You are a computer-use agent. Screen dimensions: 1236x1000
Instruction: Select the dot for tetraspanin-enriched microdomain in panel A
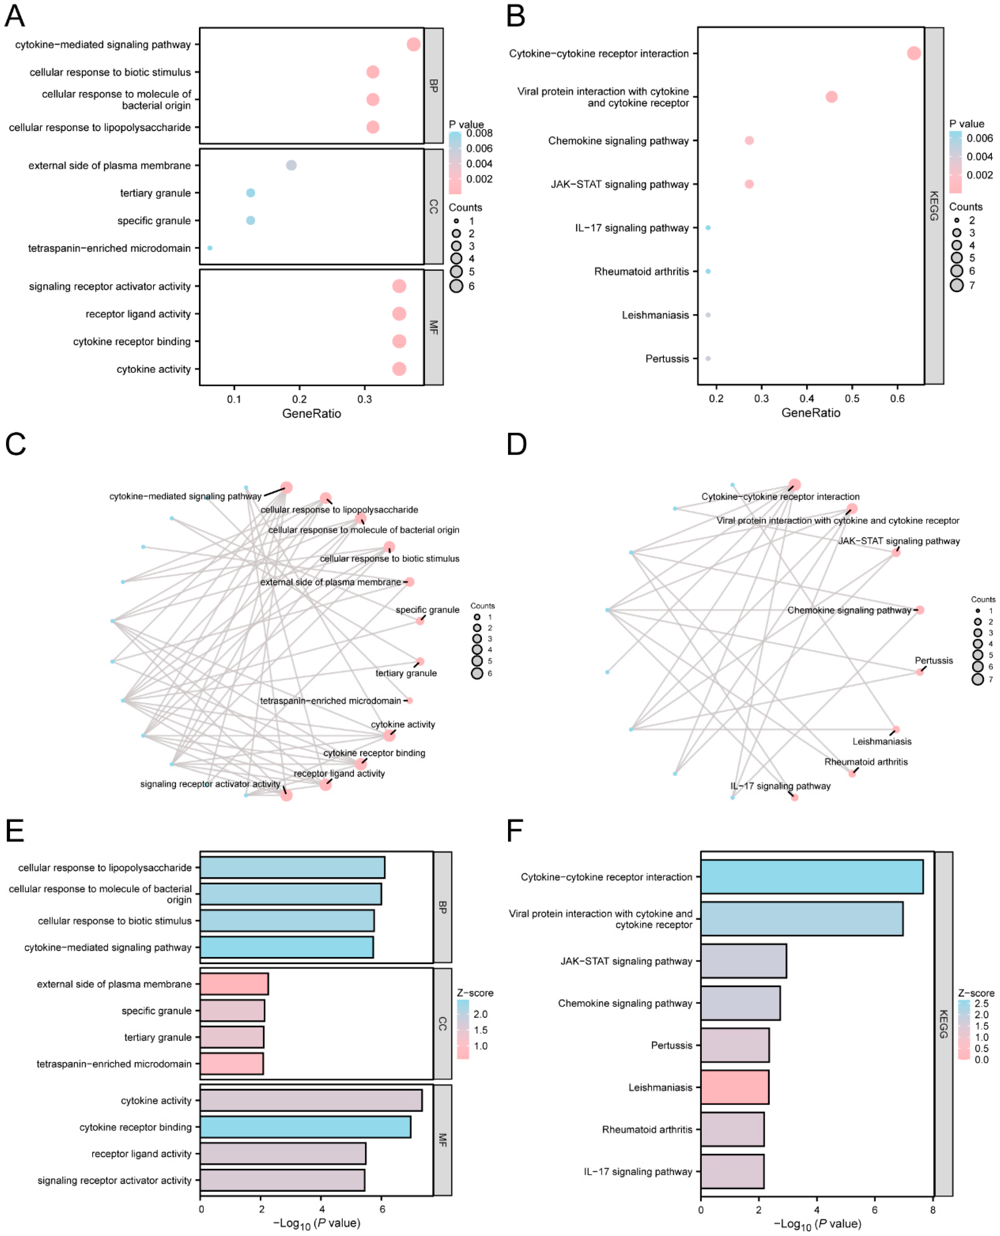point(210,248)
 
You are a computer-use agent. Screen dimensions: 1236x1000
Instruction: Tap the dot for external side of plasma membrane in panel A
point(292,165)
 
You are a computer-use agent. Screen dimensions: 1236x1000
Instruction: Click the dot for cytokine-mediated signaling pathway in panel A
point(413,44)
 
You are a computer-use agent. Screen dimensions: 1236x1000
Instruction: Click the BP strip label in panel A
point(434,86)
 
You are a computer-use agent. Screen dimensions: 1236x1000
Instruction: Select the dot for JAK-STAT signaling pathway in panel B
point(749,184)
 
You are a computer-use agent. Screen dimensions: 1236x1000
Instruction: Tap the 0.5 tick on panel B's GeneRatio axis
point(852,398)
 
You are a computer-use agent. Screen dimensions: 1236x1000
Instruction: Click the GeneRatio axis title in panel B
point(811,413)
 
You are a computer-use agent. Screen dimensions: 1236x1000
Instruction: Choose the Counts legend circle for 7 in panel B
point(957,285)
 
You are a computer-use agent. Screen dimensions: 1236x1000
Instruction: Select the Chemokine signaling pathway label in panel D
point(849,610)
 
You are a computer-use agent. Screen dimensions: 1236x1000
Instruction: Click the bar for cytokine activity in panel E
point(311,1101)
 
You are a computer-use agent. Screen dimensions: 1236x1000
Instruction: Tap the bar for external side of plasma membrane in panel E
point(234,984)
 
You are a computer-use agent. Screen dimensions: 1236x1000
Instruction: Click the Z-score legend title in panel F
point(976,993)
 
